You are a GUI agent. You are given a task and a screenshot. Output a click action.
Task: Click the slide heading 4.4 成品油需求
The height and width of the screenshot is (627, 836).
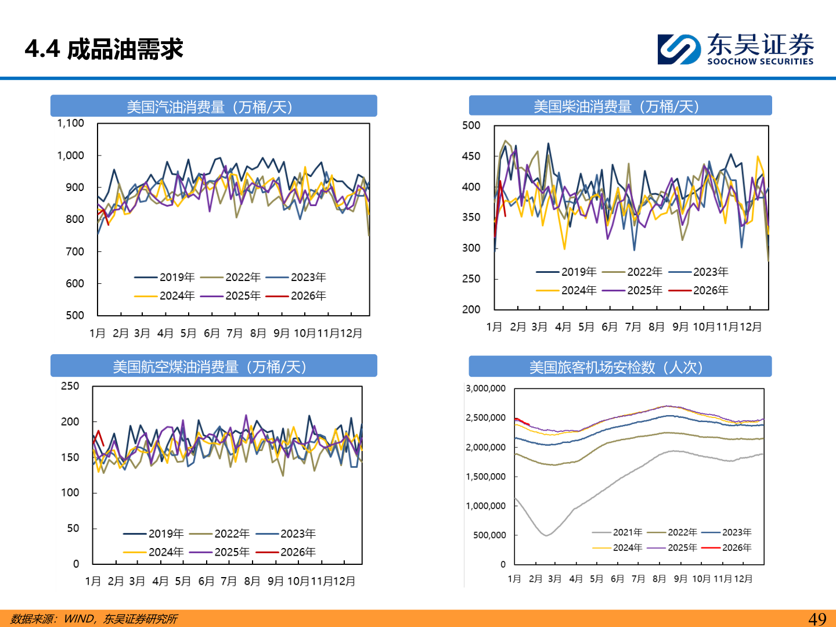(x=104, y=49)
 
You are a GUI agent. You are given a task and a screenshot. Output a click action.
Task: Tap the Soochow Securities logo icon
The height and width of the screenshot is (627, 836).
(x=679, y=49)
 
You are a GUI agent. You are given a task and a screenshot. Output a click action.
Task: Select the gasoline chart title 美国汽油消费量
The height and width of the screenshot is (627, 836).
(x=210, y=107)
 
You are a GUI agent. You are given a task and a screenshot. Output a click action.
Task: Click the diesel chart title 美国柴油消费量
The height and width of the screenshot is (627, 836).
(x=616, y=106)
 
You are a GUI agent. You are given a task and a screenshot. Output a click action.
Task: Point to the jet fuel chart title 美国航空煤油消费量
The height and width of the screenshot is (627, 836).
(x=210, y=367)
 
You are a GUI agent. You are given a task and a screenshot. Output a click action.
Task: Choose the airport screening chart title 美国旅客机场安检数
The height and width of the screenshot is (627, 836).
(x=616, y=367)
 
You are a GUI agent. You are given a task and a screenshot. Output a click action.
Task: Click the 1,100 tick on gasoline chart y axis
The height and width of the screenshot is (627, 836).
(x=70, y=123)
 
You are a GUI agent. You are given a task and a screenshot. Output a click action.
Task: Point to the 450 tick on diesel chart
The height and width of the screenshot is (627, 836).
(x=471, y=156)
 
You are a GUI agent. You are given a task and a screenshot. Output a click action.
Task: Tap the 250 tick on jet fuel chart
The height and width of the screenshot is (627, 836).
(x=70, y=386)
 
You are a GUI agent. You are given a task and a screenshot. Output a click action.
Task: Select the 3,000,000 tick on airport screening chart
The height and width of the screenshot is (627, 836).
(x=485, y=388)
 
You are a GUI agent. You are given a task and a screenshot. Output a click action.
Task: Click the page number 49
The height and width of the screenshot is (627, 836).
(x=817, y=619)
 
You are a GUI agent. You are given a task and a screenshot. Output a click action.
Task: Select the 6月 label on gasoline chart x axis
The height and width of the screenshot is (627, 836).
(x=212, y=333)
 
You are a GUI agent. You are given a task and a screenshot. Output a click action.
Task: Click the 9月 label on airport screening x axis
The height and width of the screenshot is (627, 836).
(x=680, y=579)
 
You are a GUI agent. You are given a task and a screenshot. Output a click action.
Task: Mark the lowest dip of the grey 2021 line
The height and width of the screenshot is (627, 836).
(x=546, y=535)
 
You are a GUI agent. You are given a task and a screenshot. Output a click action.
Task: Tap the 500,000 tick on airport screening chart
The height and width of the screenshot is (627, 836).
(x=489, y=535)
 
